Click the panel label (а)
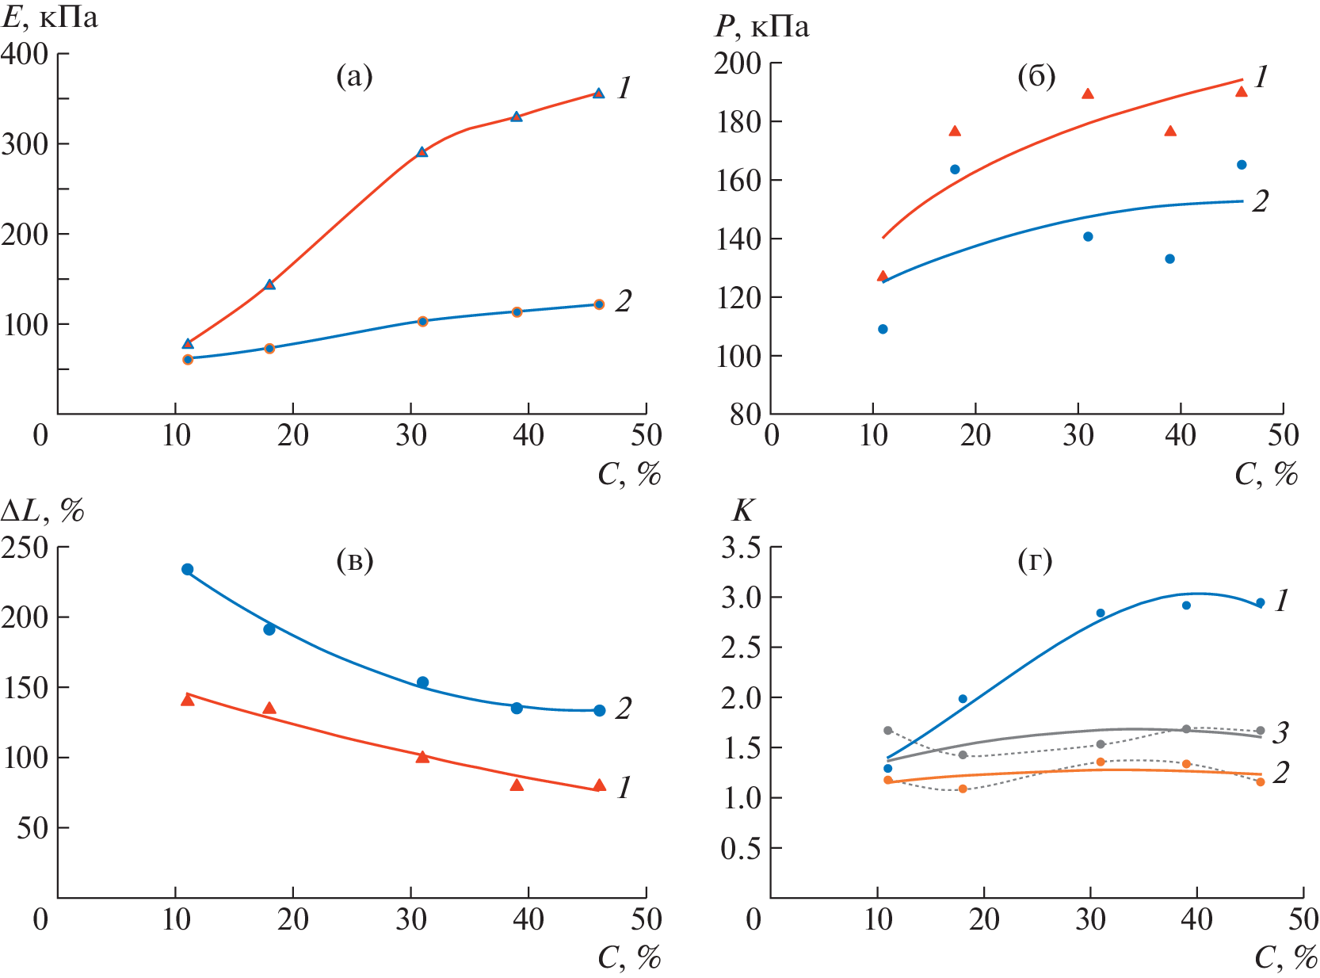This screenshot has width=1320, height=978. point(354,77)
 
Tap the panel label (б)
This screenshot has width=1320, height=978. point(1036,77)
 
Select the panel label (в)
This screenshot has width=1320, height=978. point(354,561)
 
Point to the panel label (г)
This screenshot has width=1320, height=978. point(1035,561)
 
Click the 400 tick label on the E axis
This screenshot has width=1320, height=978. point(25,54)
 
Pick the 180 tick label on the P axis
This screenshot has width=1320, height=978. point(738,122)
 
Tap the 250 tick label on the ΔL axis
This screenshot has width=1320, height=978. point(25,547)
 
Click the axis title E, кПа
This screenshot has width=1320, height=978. point(49,17)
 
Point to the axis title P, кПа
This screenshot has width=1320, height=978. point(761,27)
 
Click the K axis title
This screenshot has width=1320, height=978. point(742,511)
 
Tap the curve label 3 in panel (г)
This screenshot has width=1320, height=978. point(1280,733)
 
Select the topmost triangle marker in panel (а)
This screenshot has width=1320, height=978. point(598,93)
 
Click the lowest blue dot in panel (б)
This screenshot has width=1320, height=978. point(883,329)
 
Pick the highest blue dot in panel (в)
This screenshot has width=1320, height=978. point(188,569)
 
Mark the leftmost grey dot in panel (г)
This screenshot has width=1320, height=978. point(887,730)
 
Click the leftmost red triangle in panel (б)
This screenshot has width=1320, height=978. point(883,276)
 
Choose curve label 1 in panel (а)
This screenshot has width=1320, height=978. point(624,88)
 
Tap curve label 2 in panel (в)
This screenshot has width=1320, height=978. point(624,709)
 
